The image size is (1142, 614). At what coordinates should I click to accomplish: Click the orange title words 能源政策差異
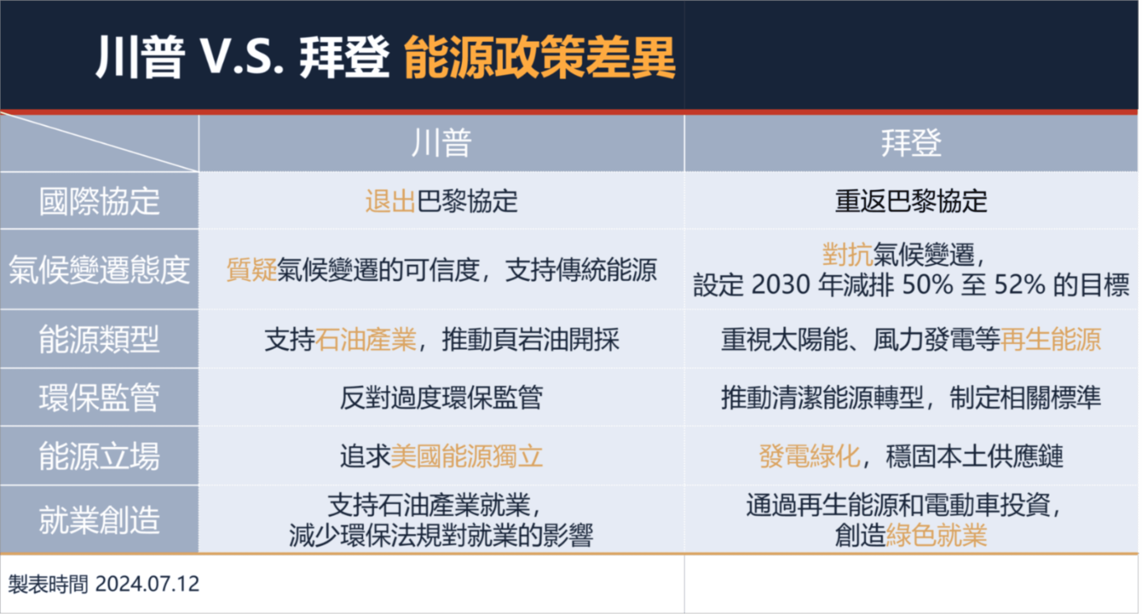(539, 58)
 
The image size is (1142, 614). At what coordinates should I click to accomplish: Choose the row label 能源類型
(99, 339)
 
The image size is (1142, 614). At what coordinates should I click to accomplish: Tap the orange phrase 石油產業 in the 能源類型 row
(366, 339)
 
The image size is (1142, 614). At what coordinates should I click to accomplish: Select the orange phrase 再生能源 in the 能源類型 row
(1051, 339)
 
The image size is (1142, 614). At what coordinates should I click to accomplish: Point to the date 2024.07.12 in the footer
(147, 584)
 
